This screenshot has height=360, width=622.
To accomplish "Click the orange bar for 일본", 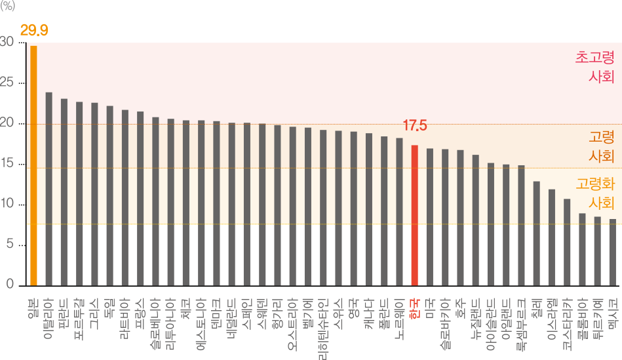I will point(33,164).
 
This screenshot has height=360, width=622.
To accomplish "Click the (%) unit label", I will point(8,7).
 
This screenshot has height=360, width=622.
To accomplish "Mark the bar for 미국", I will point(430,216).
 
